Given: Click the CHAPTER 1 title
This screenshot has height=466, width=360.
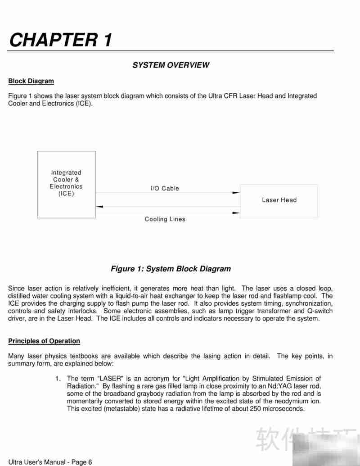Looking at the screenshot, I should tap(60, 40).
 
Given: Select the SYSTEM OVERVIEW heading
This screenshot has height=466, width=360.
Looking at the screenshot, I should tap(171, 65).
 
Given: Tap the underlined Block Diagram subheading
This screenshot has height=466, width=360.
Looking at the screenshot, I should tap(31, 81).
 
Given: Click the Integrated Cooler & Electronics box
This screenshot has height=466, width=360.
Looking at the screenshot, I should tap(66, 184).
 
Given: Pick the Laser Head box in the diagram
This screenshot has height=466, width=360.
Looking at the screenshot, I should tap(279, 201).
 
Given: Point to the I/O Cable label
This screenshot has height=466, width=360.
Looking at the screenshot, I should tap(165, 188).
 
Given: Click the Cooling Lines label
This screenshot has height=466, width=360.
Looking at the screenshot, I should tap(165, 219).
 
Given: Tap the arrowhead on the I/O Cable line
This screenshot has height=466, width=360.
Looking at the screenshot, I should tap(236, 193).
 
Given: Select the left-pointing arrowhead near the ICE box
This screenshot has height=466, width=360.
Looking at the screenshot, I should tap(100, 207).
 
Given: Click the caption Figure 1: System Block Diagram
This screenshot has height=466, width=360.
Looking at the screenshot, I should tap(171, 269).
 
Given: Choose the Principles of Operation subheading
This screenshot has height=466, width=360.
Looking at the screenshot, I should tap(44, 341).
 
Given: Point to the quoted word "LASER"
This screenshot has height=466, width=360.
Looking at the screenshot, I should tap(110, 379).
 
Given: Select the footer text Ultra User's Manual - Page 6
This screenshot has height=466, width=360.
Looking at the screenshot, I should tap(50, 462).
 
